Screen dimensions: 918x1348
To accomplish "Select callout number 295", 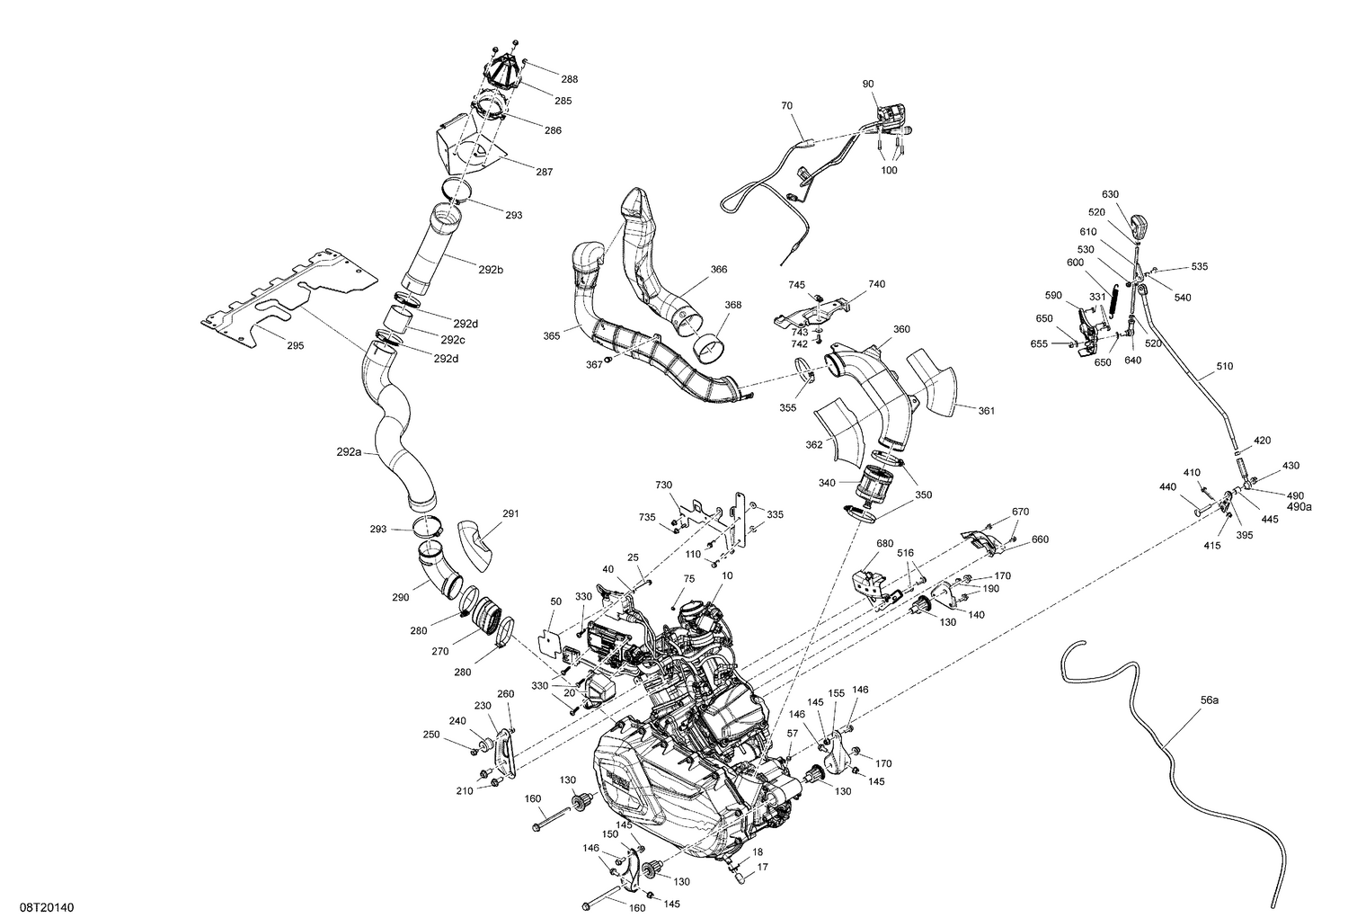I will [295, 345].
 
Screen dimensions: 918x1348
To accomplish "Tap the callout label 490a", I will [1299, 506].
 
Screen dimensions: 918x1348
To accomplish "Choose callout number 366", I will [718, 269].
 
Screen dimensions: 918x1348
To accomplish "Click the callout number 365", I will [552, 335].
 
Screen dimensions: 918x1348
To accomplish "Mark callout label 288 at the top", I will [570, 78].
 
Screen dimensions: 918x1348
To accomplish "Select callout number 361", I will [986, 411].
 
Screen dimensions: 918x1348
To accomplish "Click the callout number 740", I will [876, 284].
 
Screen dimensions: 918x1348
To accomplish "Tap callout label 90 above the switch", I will [867, 84].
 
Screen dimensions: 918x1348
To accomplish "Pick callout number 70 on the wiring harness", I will [787, 106].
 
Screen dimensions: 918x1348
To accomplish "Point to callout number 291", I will [510, 513].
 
